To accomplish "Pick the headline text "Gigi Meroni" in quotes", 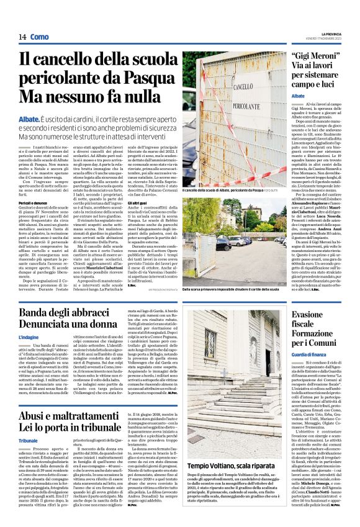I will pyautogui.click(x=314, y=57).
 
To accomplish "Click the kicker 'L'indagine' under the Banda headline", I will pyautogui.click(x=29, y=337).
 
